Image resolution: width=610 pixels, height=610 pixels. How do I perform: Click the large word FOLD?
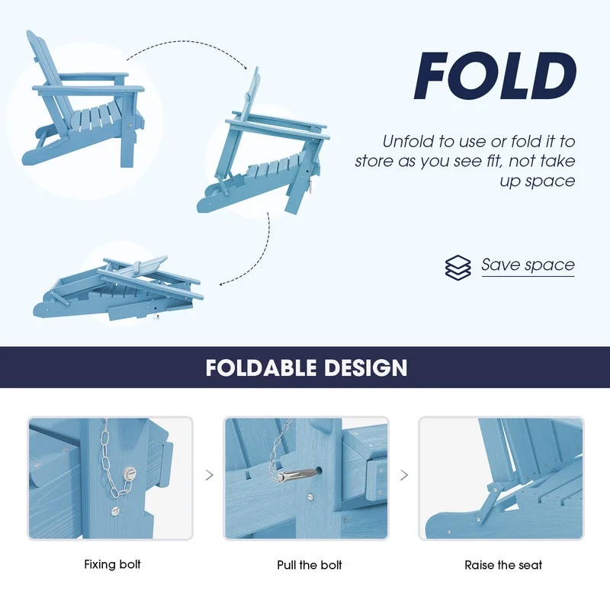coord(495,76)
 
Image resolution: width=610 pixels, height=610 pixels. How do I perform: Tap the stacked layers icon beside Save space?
coord(458,268)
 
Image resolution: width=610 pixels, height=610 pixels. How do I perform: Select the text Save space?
coord(528,265)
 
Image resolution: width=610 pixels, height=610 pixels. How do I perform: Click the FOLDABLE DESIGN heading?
coord(307,368)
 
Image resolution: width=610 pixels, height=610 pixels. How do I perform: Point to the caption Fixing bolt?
coord(112,564)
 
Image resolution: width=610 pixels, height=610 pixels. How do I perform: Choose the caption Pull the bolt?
coord(310,564)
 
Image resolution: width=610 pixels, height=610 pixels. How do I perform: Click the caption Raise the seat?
coord(503,564)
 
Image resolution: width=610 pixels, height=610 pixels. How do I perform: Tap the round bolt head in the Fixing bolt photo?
coord(129,474)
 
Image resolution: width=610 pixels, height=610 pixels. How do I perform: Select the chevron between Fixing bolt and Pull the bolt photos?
coord(209,475)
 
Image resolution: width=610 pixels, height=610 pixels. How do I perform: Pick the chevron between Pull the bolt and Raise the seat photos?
coord(404,475)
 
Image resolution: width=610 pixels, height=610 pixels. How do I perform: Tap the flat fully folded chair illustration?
coord(118,288)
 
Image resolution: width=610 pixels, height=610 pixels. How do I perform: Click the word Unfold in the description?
coord(408,141)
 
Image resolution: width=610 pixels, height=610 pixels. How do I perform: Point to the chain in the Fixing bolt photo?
coord(113,459)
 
